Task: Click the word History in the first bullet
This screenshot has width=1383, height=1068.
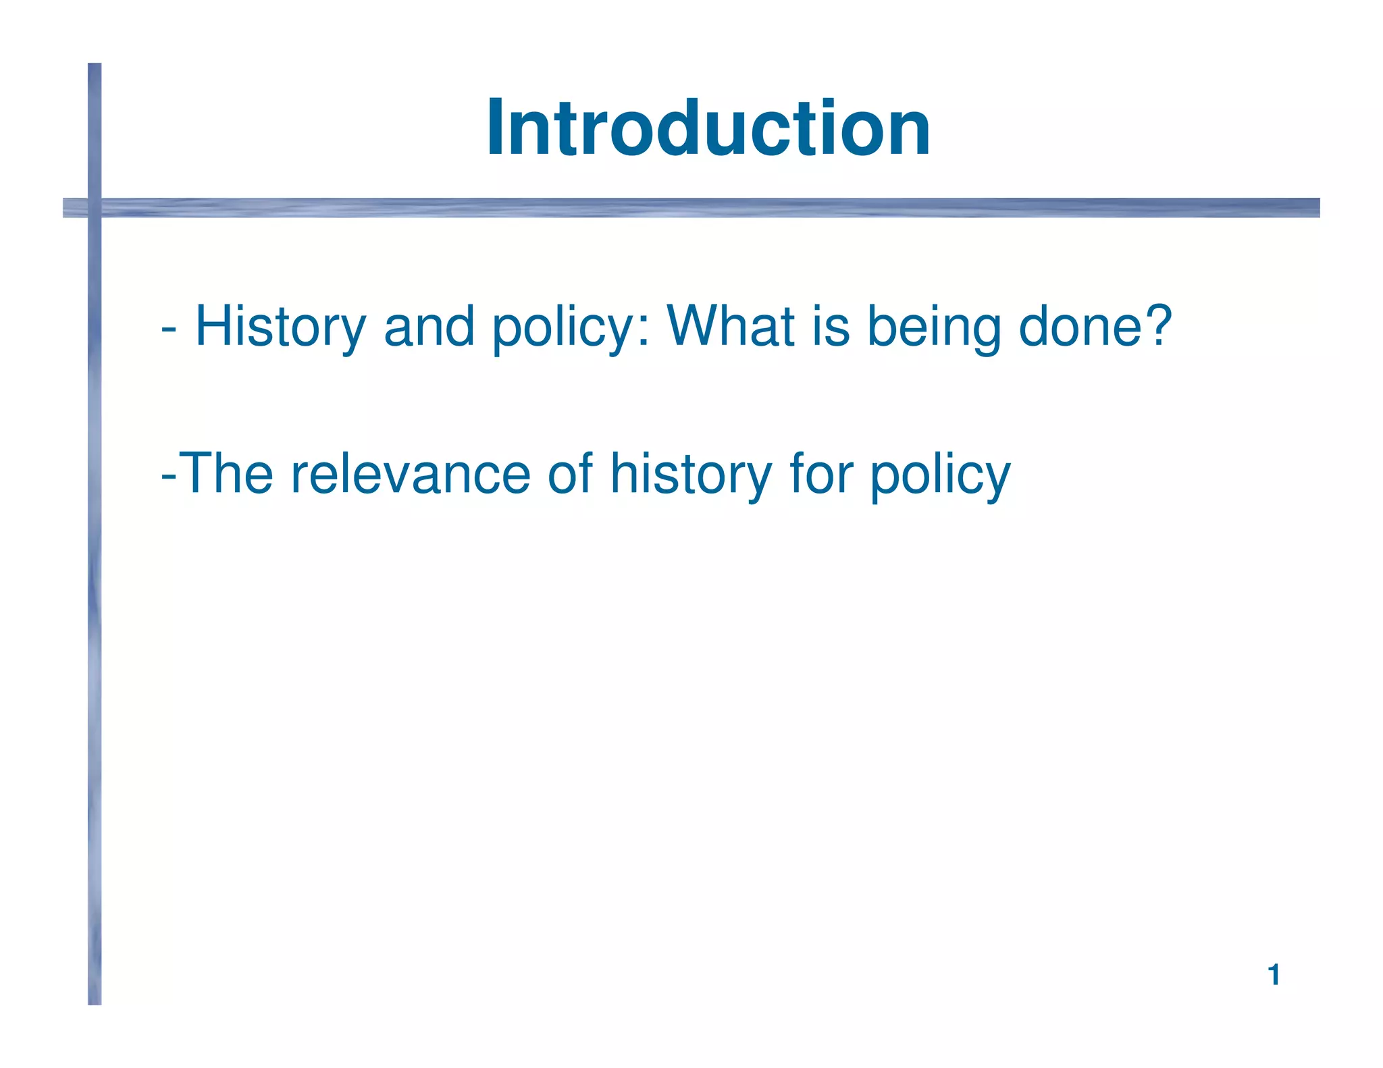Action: (280, 327)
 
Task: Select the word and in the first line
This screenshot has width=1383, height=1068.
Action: (429, 326)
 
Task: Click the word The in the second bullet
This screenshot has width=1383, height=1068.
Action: (228, 473)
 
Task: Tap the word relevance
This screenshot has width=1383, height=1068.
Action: (410, 475)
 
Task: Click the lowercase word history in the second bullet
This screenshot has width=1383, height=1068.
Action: (691, 475)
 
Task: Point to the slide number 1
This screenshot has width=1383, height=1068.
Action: (1274, 975)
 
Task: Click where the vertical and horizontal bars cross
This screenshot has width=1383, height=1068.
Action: (95, 207)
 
